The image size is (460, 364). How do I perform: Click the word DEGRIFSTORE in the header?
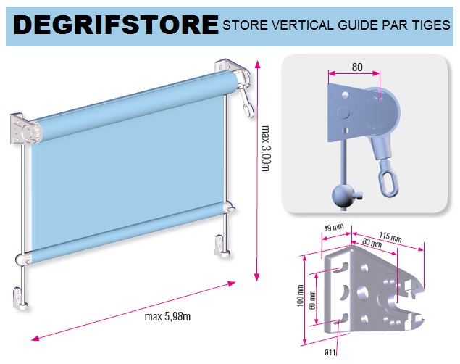(x=116, y=25)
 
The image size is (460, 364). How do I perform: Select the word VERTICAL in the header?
(x=303, y=25)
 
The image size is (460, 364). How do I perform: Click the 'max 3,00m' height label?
(x=265, y=149)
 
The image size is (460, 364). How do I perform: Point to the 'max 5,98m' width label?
(x=167, y=316)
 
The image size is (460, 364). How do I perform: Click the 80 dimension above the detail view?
(x=357, y=67)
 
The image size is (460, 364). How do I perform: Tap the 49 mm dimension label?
(x=333, y=228)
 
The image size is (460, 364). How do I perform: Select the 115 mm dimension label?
(x=390, y=236)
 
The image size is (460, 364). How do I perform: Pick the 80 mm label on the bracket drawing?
(x=372, y=243)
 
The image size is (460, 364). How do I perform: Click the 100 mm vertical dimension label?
(x=300, y=296)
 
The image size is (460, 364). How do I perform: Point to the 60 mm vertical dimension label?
(x=313, y=299)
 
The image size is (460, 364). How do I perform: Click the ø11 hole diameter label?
(x=330, y=352)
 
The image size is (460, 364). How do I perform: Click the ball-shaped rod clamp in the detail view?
(x=341, y=196)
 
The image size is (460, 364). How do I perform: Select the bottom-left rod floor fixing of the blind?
(x=20, y=299)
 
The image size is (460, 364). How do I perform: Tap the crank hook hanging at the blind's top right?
(x=246, y=103)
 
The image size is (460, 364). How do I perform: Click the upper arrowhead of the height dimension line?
(x=258, y=65)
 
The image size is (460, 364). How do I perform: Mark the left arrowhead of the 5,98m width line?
(x=35, y=338)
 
